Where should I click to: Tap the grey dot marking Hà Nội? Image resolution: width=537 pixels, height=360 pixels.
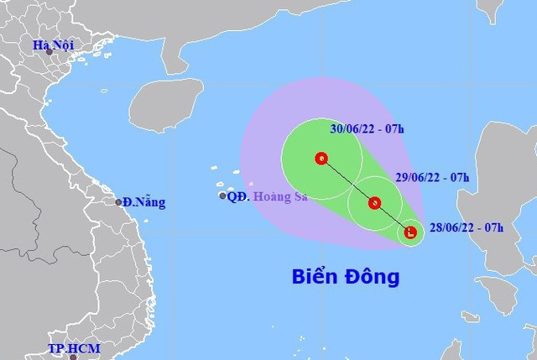[50, 52]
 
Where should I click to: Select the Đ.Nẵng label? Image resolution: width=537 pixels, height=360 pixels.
[143, 202]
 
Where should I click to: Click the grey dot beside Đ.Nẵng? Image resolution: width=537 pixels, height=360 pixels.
[119, 201]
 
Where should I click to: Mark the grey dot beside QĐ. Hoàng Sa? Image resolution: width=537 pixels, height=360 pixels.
[222, 196]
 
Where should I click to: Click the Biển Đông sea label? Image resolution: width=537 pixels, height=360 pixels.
[346, 276]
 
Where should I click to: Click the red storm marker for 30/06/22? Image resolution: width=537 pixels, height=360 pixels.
[321, 158]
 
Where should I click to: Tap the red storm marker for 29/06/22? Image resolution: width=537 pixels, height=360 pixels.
[374, 202]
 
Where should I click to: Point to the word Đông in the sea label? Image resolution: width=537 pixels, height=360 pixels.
[370, 276]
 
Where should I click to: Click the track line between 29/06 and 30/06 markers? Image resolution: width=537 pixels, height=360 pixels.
[347, 180]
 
